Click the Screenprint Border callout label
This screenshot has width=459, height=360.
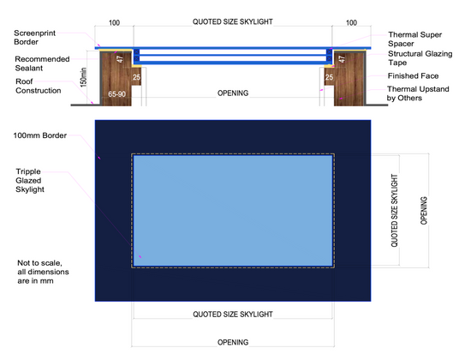pos(34,38)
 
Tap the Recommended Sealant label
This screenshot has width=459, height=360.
pos(42,63)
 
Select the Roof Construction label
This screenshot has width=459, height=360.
pos(39,86)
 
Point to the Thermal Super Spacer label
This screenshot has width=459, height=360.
pos(414,39)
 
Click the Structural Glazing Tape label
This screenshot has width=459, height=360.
pos(420,58)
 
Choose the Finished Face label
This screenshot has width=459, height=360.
pos(413,76)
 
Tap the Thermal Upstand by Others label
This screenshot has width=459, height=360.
pos(418,93)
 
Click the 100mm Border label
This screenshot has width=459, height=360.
pos(40,135)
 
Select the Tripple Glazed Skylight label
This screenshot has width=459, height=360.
pos(30,181)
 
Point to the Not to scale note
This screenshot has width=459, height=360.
pos(43,272)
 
